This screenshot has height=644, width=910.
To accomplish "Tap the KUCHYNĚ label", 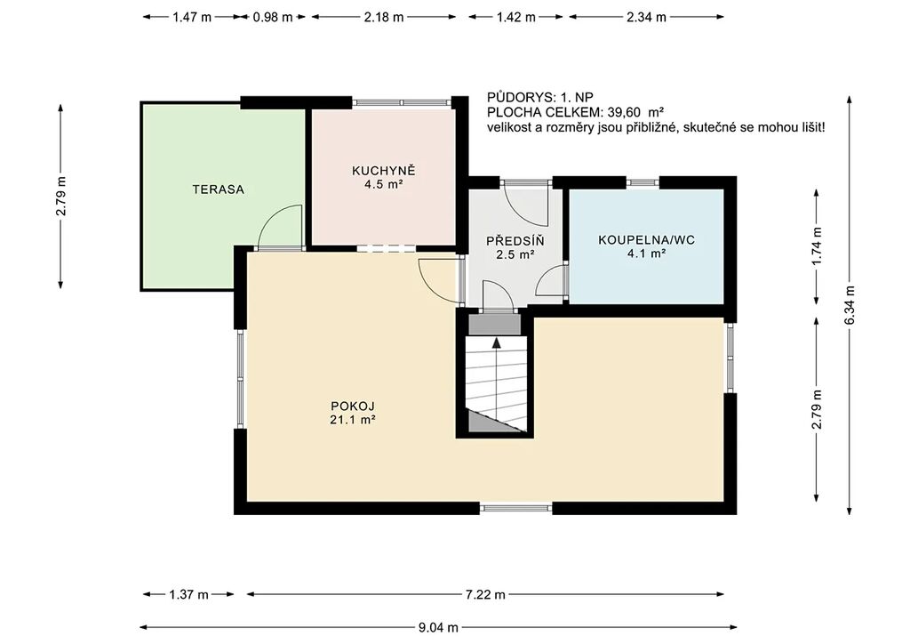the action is pyautogui.click(x=384, y=171).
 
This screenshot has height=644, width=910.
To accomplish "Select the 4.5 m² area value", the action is pyautogui.click(x=383, y=185).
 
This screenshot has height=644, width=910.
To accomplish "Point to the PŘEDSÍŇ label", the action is pyautogui.click(x=515, y=240).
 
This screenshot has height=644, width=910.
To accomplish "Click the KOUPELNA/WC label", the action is pyautogui.click(x=647, y=240).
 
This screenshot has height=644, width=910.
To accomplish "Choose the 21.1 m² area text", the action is pyautogui.click(x=352, y=419).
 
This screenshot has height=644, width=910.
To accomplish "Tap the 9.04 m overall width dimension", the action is pyautogui.click(x=438, y=627).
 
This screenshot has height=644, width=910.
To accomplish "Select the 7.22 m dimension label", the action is pyautogui.click(x=485, y=594).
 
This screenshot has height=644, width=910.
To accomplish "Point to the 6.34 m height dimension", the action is pyautogui.click(x=850, y=305).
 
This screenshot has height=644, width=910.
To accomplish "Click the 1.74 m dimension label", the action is pyautogui.click(x=817, y=246).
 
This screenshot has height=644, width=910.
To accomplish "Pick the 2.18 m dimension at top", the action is pyautogui.click(x=384, y=17).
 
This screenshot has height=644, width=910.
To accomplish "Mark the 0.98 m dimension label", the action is pyautogui.click(x=273, y=17).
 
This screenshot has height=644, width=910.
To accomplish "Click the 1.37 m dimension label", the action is pyautogui.click(x=188, y=594).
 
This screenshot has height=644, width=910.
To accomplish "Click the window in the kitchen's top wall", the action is pyautogui.click(x=403, y=102).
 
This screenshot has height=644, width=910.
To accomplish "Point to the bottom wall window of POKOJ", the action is pyautogui.click(x=516, y=508).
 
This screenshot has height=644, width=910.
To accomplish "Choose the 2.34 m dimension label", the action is pyautogui.click(x=647, y=17).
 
